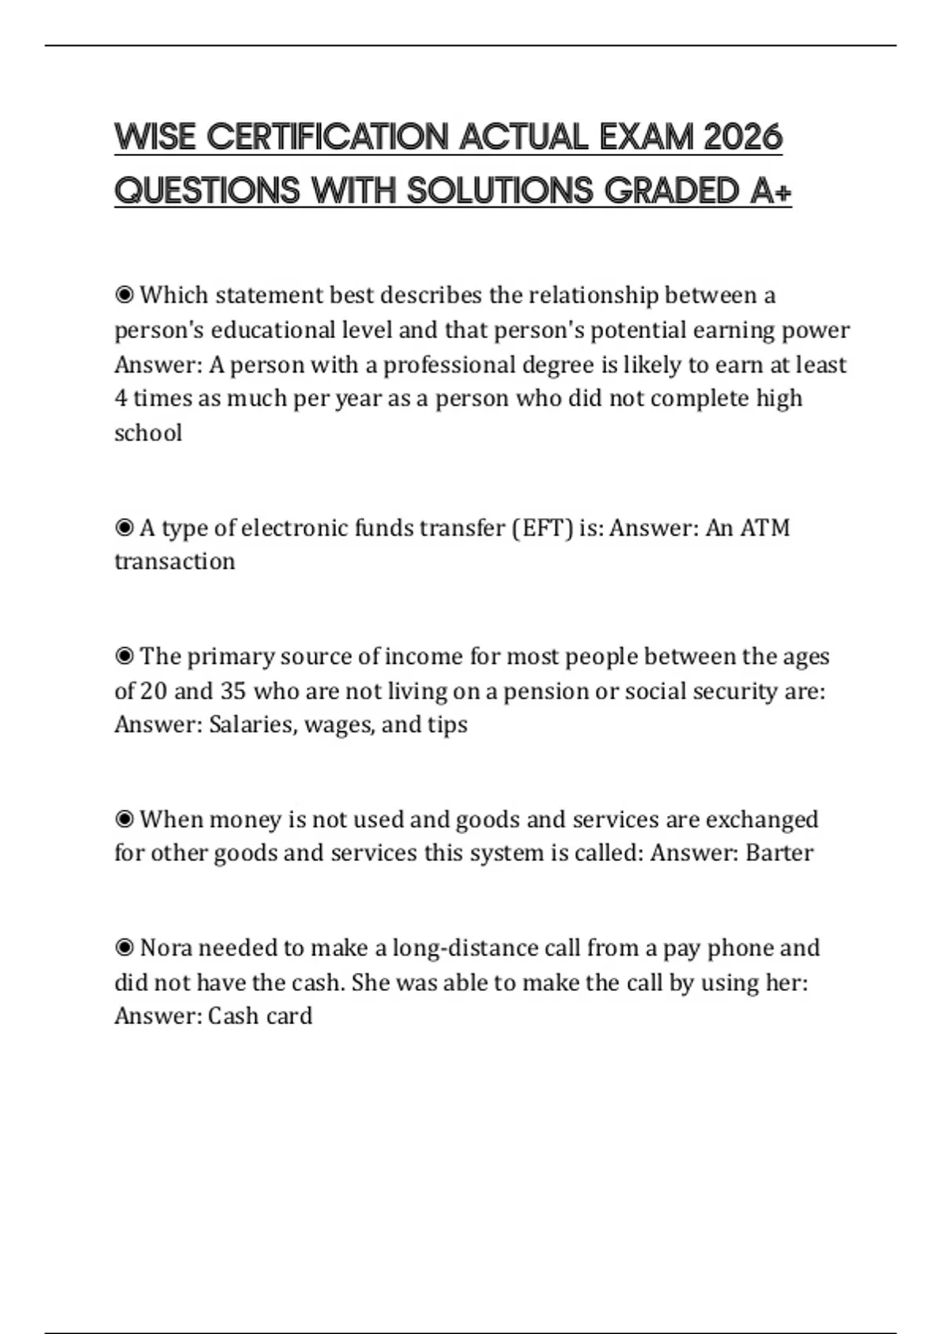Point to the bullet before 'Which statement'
[x=124, y=295]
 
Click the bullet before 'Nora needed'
[x=124, y=948]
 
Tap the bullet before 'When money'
[x=124, y=819]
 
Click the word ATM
[x=765, y=528]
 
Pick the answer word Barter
[x=780, y=853]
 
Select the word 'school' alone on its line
[x=148, y=433]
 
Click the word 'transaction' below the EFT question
[x=174, y=562]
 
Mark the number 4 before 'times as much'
[x=121, y=399]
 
